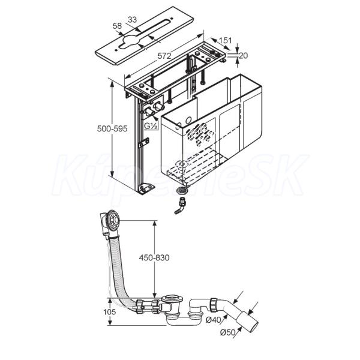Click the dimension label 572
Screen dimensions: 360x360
[x=164, y=56]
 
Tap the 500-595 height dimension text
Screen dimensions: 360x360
[x=112, y=128]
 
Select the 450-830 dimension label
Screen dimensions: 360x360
[x=154, y=257]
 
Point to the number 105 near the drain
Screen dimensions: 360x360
[x=109, y=312]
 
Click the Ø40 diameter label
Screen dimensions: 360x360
[x=213, y=320]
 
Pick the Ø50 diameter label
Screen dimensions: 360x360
[x=228, y=332]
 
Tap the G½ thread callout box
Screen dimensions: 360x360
[x=151, y=126]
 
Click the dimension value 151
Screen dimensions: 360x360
[x=225, y=40]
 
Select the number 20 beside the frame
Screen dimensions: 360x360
[x=244, y=56]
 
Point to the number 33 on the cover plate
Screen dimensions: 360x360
[x=132, y=20]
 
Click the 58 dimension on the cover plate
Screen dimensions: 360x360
[x=117, y=26]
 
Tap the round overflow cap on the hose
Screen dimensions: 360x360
[x=113, y=221]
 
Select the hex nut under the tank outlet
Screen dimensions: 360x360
[x=181, y=190]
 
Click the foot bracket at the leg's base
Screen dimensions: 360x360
[x=145, y=189]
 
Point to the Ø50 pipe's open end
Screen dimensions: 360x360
[x=254, y=324]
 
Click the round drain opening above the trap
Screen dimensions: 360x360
[x=172, y=298]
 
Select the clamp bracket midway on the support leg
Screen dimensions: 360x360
[x=143, y=142]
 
